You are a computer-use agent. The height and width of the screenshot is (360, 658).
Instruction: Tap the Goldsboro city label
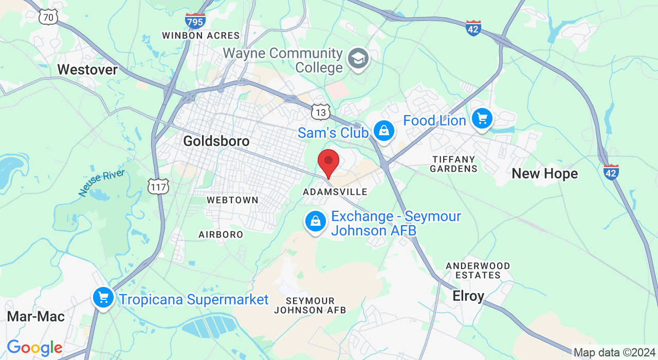tap(216, 141)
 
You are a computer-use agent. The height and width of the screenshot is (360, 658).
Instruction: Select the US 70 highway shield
tap(48, 17)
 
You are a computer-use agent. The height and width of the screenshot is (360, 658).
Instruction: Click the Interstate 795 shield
tap(195, 21)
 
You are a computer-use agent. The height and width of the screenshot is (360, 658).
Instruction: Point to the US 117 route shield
tap(158, 186)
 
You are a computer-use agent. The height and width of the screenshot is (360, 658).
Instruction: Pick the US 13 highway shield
tap(320, 112)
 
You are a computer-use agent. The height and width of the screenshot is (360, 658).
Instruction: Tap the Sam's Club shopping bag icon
tap(383, 131)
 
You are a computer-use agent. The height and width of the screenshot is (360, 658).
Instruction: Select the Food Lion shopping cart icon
tap(482, 119)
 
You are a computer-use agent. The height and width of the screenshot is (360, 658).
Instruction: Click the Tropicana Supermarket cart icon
tap(103, 297)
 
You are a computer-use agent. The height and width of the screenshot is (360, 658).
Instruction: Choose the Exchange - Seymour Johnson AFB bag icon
tap(316, 222)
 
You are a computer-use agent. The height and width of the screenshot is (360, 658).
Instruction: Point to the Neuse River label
tap(101, 183)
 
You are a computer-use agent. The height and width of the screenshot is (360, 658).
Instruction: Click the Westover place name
tap(87, 69)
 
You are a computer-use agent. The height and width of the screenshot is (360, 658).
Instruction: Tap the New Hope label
tap(544, 174)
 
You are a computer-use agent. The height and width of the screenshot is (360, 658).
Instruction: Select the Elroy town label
tap(468, 296)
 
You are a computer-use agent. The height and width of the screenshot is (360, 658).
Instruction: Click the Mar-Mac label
tap(36, 316)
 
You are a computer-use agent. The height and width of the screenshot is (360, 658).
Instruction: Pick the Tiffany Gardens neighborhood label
tap(453, 164)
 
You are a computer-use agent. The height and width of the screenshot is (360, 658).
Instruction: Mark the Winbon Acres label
tap(200, 35)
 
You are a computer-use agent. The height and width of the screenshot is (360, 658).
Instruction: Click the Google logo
tap(34, 348)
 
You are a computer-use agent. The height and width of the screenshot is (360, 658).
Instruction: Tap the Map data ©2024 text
tap(614, 353)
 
